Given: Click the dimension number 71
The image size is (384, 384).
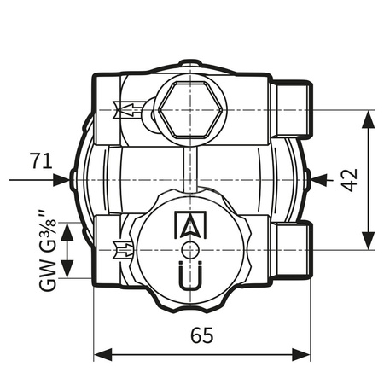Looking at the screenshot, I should [40, 160].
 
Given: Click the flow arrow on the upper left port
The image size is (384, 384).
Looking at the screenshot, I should [125, 110].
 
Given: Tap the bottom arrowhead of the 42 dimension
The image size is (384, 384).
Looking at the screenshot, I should [369, 242].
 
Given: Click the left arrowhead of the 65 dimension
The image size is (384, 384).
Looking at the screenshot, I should [100, 354].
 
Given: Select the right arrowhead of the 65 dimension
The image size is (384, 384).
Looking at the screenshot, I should [301, 354].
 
